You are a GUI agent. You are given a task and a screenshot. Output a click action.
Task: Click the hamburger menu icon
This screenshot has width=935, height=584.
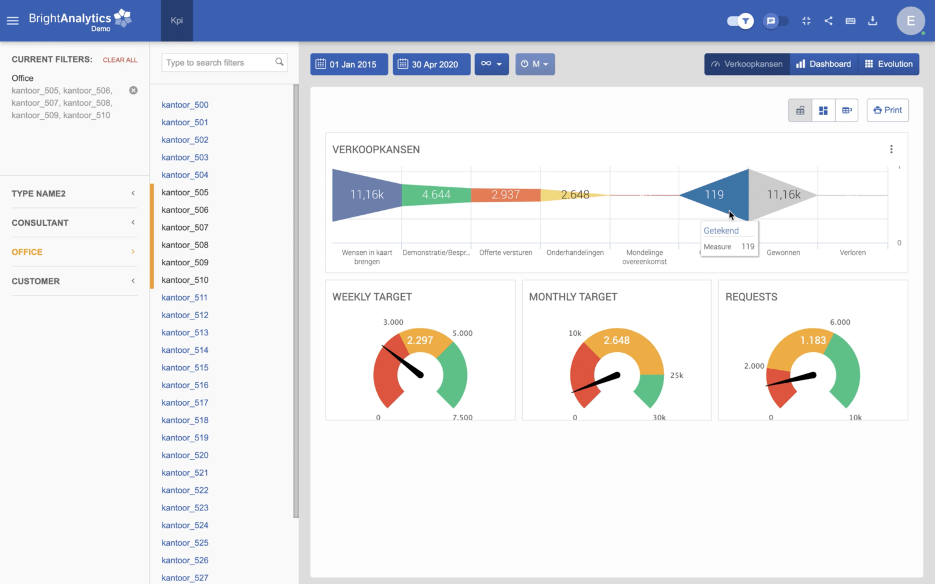(x=13, y=21)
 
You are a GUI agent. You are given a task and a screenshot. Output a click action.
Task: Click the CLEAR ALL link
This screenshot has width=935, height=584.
(x=120, y=60)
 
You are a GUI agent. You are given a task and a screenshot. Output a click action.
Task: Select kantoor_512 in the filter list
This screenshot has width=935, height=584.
(x=185, y=315)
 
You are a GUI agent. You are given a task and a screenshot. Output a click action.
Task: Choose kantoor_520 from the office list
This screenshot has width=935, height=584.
(x=185, y=455)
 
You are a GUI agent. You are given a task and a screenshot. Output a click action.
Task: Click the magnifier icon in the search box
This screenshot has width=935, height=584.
(x=279, y=62)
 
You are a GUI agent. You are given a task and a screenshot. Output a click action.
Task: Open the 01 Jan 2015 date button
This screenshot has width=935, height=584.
(x=349, y=64)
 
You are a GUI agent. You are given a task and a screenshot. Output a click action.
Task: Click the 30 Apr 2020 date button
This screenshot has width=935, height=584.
(x=431, y=64)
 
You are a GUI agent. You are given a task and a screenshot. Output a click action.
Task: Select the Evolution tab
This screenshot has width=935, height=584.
(x=888, y=64)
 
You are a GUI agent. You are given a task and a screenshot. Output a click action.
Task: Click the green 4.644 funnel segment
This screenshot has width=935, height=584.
(x=436, y=195)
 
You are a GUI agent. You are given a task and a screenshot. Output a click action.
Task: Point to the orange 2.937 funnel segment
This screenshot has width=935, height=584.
(x=505, y=195)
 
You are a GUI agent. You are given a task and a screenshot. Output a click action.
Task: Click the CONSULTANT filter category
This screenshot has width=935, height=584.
(x=40, y=223)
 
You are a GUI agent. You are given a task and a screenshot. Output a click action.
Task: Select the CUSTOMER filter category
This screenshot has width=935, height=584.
(x=36, y=281)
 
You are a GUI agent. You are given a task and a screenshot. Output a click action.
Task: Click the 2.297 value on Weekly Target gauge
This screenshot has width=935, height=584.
(x=420, y=340)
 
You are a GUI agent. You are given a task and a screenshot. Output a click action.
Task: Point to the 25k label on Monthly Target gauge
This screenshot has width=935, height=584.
(x=676, y=375)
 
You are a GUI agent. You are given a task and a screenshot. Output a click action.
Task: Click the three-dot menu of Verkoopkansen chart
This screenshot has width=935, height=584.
(x=891, y=150)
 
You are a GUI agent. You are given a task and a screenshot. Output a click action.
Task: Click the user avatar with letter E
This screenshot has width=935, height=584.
(x=910, y=21)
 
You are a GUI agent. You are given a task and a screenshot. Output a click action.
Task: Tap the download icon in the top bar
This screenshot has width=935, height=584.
(x=872, y=21)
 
